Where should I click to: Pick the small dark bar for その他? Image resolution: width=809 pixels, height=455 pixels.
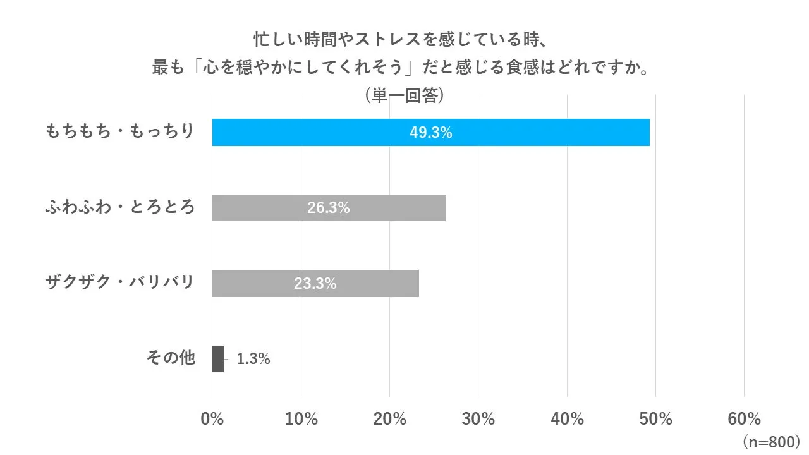pos(218,359)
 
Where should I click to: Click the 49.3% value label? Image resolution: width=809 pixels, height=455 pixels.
pos(430,133)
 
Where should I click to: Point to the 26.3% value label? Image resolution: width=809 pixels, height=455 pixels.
pos(328,208)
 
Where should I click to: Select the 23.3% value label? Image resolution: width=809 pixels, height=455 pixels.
pos(315,284)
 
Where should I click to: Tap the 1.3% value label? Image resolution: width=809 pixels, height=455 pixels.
pos(253,359)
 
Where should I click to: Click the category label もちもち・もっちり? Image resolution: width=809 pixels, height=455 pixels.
pos(120,132)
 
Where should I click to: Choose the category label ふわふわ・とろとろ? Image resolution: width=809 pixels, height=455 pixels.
pos(120,207)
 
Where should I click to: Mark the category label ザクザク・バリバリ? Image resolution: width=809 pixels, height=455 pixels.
pos(120,282)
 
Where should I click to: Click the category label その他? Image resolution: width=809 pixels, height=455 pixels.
pos(171,358)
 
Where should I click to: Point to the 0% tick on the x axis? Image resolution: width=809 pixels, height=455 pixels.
pos(212,419)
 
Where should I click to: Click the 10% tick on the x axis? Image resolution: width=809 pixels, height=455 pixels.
pos(301,419)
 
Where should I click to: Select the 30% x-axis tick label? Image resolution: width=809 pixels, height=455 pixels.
pos(478,419)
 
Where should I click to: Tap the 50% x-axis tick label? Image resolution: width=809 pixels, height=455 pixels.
pos(655,419)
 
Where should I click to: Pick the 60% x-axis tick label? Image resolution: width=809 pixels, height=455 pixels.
pos(744,419)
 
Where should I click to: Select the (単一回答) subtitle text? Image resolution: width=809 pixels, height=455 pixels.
pos(404,95)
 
